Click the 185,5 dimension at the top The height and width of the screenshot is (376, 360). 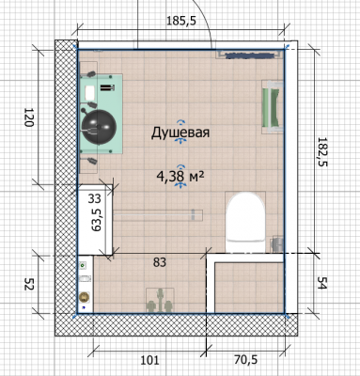pos(181,21)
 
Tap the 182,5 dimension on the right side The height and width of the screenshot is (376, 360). pos(321,151)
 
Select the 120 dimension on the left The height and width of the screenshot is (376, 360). pos(29,117)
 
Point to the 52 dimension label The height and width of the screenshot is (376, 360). pos(29,284)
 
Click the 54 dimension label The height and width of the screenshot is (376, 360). pos(321,283)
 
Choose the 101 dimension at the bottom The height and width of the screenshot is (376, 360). pos(149,360)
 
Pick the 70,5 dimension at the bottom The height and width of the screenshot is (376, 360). pos(245,360)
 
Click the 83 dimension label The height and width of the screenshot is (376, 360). pos(160,262)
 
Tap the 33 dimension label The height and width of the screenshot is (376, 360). pos(94,198)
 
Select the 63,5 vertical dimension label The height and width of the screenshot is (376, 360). pos(96,221)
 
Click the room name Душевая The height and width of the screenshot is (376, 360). pos(180,133)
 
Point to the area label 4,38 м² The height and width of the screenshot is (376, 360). pos(180,177)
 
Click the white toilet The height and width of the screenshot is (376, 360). pos(245,222)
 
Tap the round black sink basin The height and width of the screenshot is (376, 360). pos(99,127)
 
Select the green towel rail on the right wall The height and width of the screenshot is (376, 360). pos(272,106)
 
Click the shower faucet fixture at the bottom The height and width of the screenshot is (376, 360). pos(160,301)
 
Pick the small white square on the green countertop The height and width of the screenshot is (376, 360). pos(90,92)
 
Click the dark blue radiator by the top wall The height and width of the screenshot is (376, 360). pos(250,55)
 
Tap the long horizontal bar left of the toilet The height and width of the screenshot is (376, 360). pos(158,215)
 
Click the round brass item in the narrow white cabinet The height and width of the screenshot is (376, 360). pos(85,296)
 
